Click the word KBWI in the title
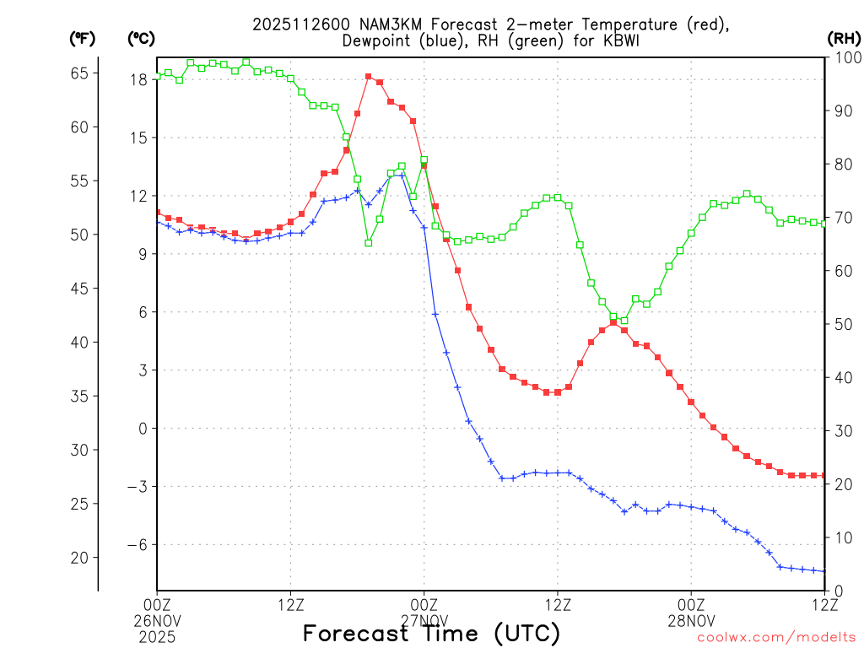click(632, 40)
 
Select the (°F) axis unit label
click(83, 38)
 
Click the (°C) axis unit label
click(141, 38)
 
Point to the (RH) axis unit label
click(844, 38)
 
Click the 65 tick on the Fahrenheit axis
click(79, 73)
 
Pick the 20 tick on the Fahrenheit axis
click(79, 558)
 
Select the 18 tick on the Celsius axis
click(139, 79)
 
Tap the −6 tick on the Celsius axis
click(136, 544)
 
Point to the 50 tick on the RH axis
click(840, 324)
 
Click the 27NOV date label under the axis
click(424, 620)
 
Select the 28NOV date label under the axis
click(691, 620)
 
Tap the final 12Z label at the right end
click(824, 603)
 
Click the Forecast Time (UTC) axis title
click(431, 633)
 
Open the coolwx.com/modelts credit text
click(776, 638)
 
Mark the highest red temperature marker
click(369, 76)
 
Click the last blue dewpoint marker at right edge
click(824, 571)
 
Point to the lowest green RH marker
click(369, 243)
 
